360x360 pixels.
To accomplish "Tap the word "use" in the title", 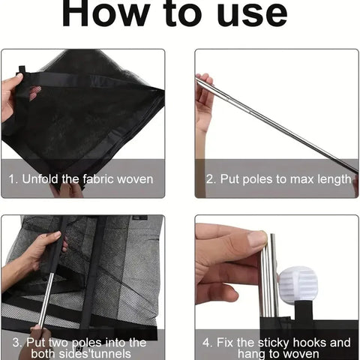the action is point(252,15).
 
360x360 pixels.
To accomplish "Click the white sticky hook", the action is point(298,285).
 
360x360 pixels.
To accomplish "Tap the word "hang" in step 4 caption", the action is point(250,354).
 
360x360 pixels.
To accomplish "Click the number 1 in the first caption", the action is point(11,179).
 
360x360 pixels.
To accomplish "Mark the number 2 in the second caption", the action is point(209,179).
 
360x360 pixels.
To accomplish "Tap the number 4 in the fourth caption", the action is point(206,343).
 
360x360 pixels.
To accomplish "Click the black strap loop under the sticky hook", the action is point(304,310).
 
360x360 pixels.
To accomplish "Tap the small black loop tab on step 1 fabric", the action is point(22,69).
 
